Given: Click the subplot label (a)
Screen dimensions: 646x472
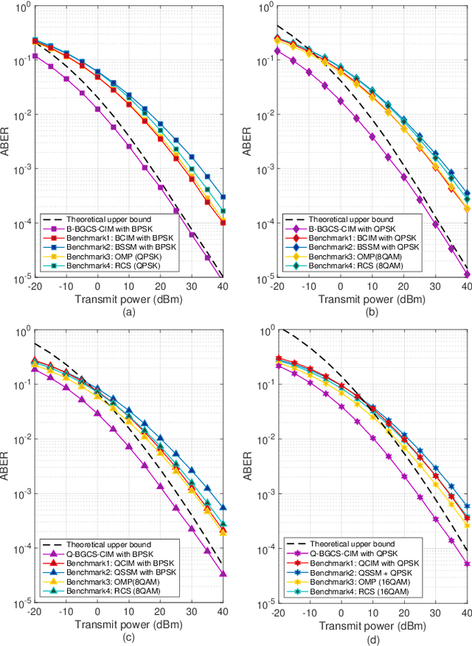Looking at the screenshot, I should [x=129, y=311].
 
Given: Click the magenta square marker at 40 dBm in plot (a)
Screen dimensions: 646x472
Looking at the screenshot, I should [x=223, y=278].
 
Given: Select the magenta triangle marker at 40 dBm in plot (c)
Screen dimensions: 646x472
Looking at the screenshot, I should [x=223, y=574].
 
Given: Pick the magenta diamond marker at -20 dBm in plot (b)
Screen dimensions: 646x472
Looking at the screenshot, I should [x=277, y=51].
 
